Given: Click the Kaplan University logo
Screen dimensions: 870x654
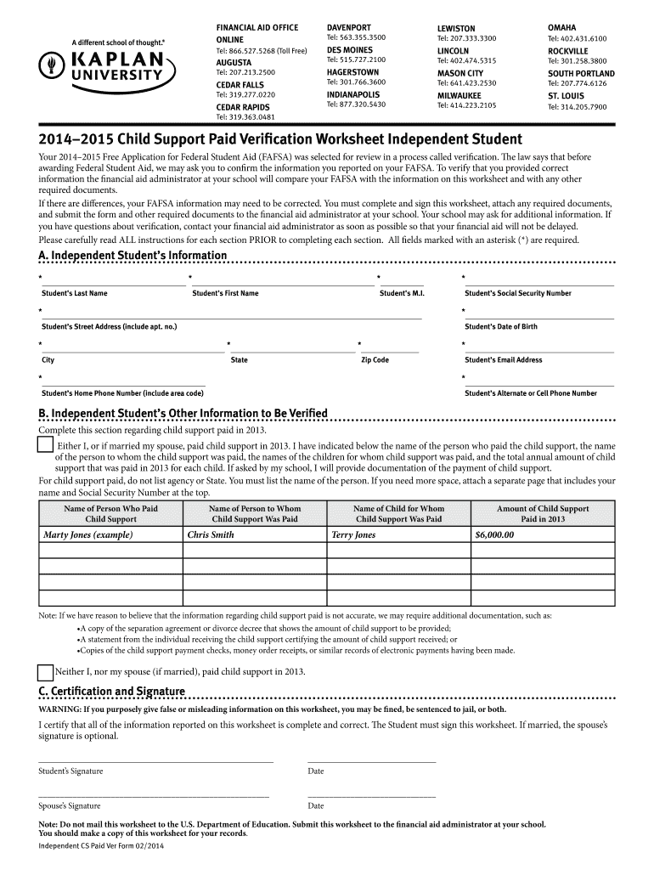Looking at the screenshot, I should click(x=107, y=65).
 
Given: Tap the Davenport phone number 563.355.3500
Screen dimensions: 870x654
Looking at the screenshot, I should click(x=356, y=38).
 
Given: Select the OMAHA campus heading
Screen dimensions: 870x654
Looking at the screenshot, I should click(x=561, y=28).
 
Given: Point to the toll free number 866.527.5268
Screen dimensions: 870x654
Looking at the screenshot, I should click(x=262, y=51).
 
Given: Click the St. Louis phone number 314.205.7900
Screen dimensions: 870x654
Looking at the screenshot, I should click(x=577, y=108).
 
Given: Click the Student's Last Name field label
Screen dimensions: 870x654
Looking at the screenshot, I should click(x=75, y=293).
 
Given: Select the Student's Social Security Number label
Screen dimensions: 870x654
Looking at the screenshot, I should click(x=517, y=293).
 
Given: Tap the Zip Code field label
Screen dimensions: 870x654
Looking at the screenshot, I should click(x=375, y=360).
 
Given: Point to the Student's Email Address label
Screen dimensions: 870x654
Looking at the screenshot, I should click(x=503, y=360).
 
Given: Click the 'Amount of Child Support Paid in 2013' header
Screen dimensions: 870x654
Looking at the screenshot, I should click(x=543, y=514).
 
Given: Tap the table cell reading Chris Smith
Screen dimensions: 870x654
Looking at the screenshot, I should click(x=211, y=535).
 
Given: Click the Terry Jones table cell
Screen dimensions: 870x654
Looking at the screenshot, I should click(x=353, y=535).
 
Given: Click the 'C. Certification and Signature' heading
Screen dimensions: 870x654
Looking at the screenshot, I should click(x=111, y=691).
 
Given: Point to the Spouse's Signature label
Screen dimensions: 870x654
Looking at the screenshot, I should click(x=70, y=805).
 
